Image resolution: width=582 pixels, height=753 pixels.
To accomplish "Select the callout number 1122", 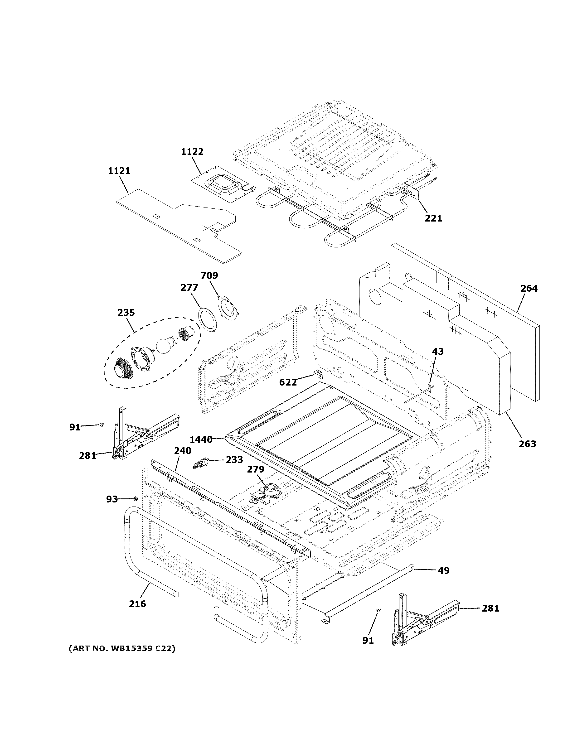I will click(x=192, y=151).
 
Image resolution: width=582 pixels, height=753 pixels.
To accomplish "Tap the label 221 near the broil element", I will click(x=433, y=218).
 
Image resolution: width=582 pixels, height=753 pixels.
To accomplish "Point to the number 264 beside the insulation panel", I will click(x=529, y=288).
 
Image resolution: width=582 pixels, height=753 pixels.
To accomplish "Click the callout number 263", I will click(x=528, y=444).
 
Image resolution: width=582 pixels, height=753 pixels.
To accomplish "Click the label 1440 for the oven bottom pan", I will click(x=201, y=439).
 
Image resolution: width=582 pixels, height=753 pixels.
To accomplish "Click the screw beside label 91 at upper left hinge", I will click(x=102, y=425).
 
